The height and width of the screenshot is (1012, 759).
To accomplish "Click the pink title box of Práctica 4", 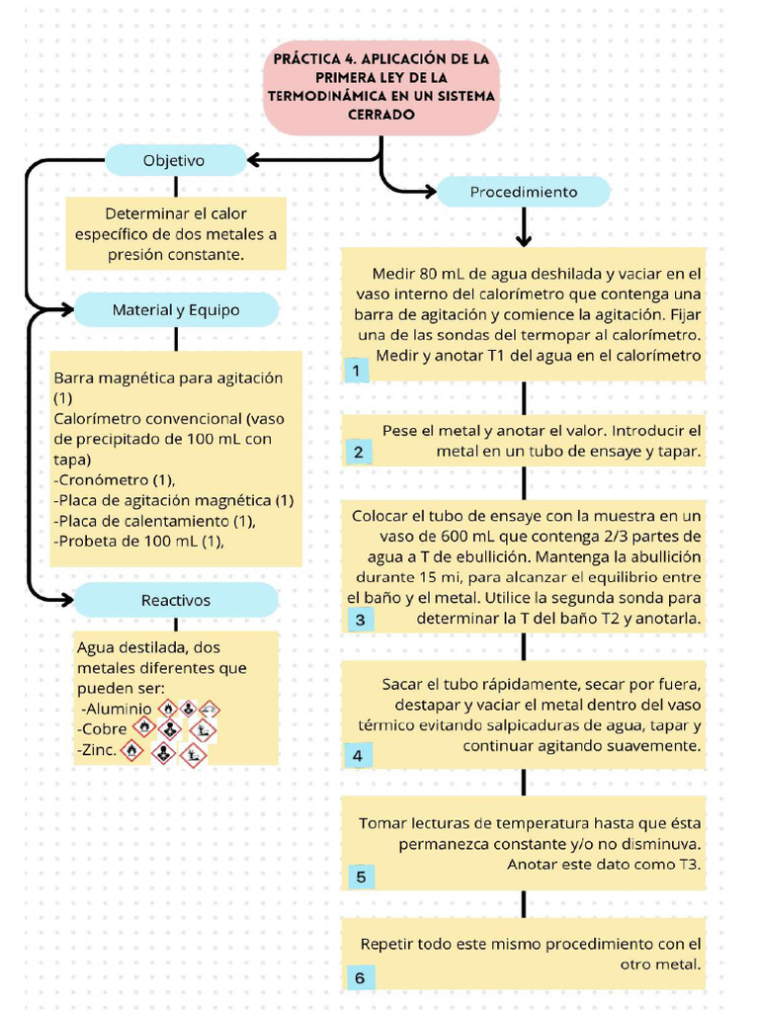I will click(381, 87).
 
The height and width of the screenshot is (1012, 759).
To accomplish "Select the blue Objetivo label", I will click(174, 160).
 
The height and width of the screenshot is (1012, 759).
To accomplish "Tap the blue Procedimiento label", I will click(523, 192).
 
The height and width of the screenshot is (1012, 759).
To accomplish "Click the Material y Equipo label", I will click(176, 309).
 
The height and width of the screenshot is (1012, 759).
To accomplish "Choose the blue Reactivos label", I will click(176, 600).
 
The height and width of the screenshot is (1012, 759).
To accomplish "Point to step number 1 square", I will click(356, 371).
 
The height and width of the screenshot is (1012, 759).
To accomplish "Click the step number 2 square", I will click(358, 453).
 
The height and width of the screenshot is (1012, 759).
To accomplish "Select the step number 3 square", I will click(359, 621).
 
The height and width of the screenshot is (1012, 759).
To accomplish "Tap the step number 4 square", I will click(358, 757).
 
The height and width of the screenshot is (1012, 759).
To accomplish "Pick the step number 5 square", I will click(360, 878).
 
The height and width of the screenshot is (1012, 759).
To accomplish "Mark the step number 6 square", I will click(359, 977).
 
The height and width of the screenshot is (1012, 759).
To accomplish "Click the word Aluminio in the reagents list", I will click(118, 709).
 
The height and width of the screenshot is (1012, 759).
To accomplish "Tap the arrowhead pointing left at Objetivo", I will click(253, 160).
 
